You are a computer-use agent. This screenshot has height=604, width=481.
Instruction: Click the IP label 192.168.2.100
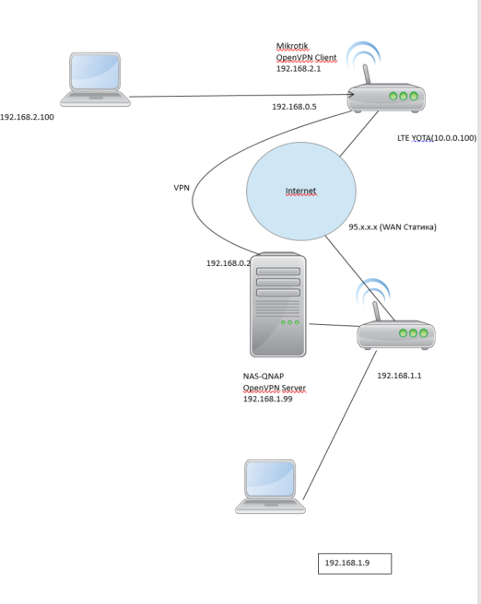click(x=27, y=117)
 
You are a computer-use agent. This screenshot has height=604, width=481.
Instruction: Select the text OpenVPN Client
click(x=307, y=58)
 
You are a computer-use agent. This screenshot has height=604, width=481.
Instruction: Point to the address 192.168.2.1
click(x=299, y=68)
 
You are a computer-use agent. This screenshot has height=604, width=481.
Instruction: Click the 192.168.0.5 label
click(x=294, y=107)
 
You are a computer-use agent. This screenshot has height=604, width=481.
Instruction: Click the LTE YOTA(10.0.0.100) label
click(x=437, y=138)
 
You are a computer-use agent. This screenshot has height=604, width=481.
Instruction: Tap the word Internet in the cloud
click(x=300, y=191)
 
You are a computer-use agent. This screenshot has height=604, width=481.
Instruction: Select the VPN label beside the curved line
click(x=182, y=188)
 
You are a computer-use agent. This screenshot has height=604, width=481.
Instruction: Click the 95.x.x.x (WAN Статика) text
click(x=393, y=226)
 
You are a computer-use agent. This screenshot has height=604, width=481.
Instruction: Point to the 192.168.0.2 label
click(x=229, y=263)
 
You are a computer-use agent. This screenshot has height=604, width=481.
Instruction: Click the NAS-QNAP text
click(x=264, y=376)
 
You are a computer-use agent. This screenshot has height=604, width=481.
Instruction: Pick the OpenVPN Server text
click(x=274, y=388)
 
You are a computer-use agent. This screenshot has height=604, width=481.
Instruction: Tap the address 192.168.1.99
click(x=267, y=399)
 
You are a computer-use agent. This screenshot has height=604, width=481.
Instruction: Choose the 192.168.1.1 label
click(x=399, y=376)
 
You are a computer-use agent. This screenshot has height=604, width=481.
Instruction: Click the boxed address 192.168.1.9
click(x=346, y=563)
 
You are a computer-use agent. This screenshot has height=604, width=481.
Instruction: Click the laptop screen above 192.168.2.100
click(x=95, y=72)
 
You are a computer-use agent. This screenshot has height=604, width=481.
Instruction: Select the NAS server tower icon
click(x=278, y=305)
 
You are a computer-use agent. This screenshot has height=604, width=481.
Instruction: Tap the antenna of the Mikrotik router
click(x=367, y=74)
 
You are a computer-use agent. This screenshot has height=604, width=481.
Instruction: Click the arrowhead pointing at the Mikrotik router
click(x=351, y=94)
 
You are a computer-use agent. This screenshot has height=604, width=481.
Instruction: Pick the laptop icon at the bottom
click(x=270, y=486)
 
